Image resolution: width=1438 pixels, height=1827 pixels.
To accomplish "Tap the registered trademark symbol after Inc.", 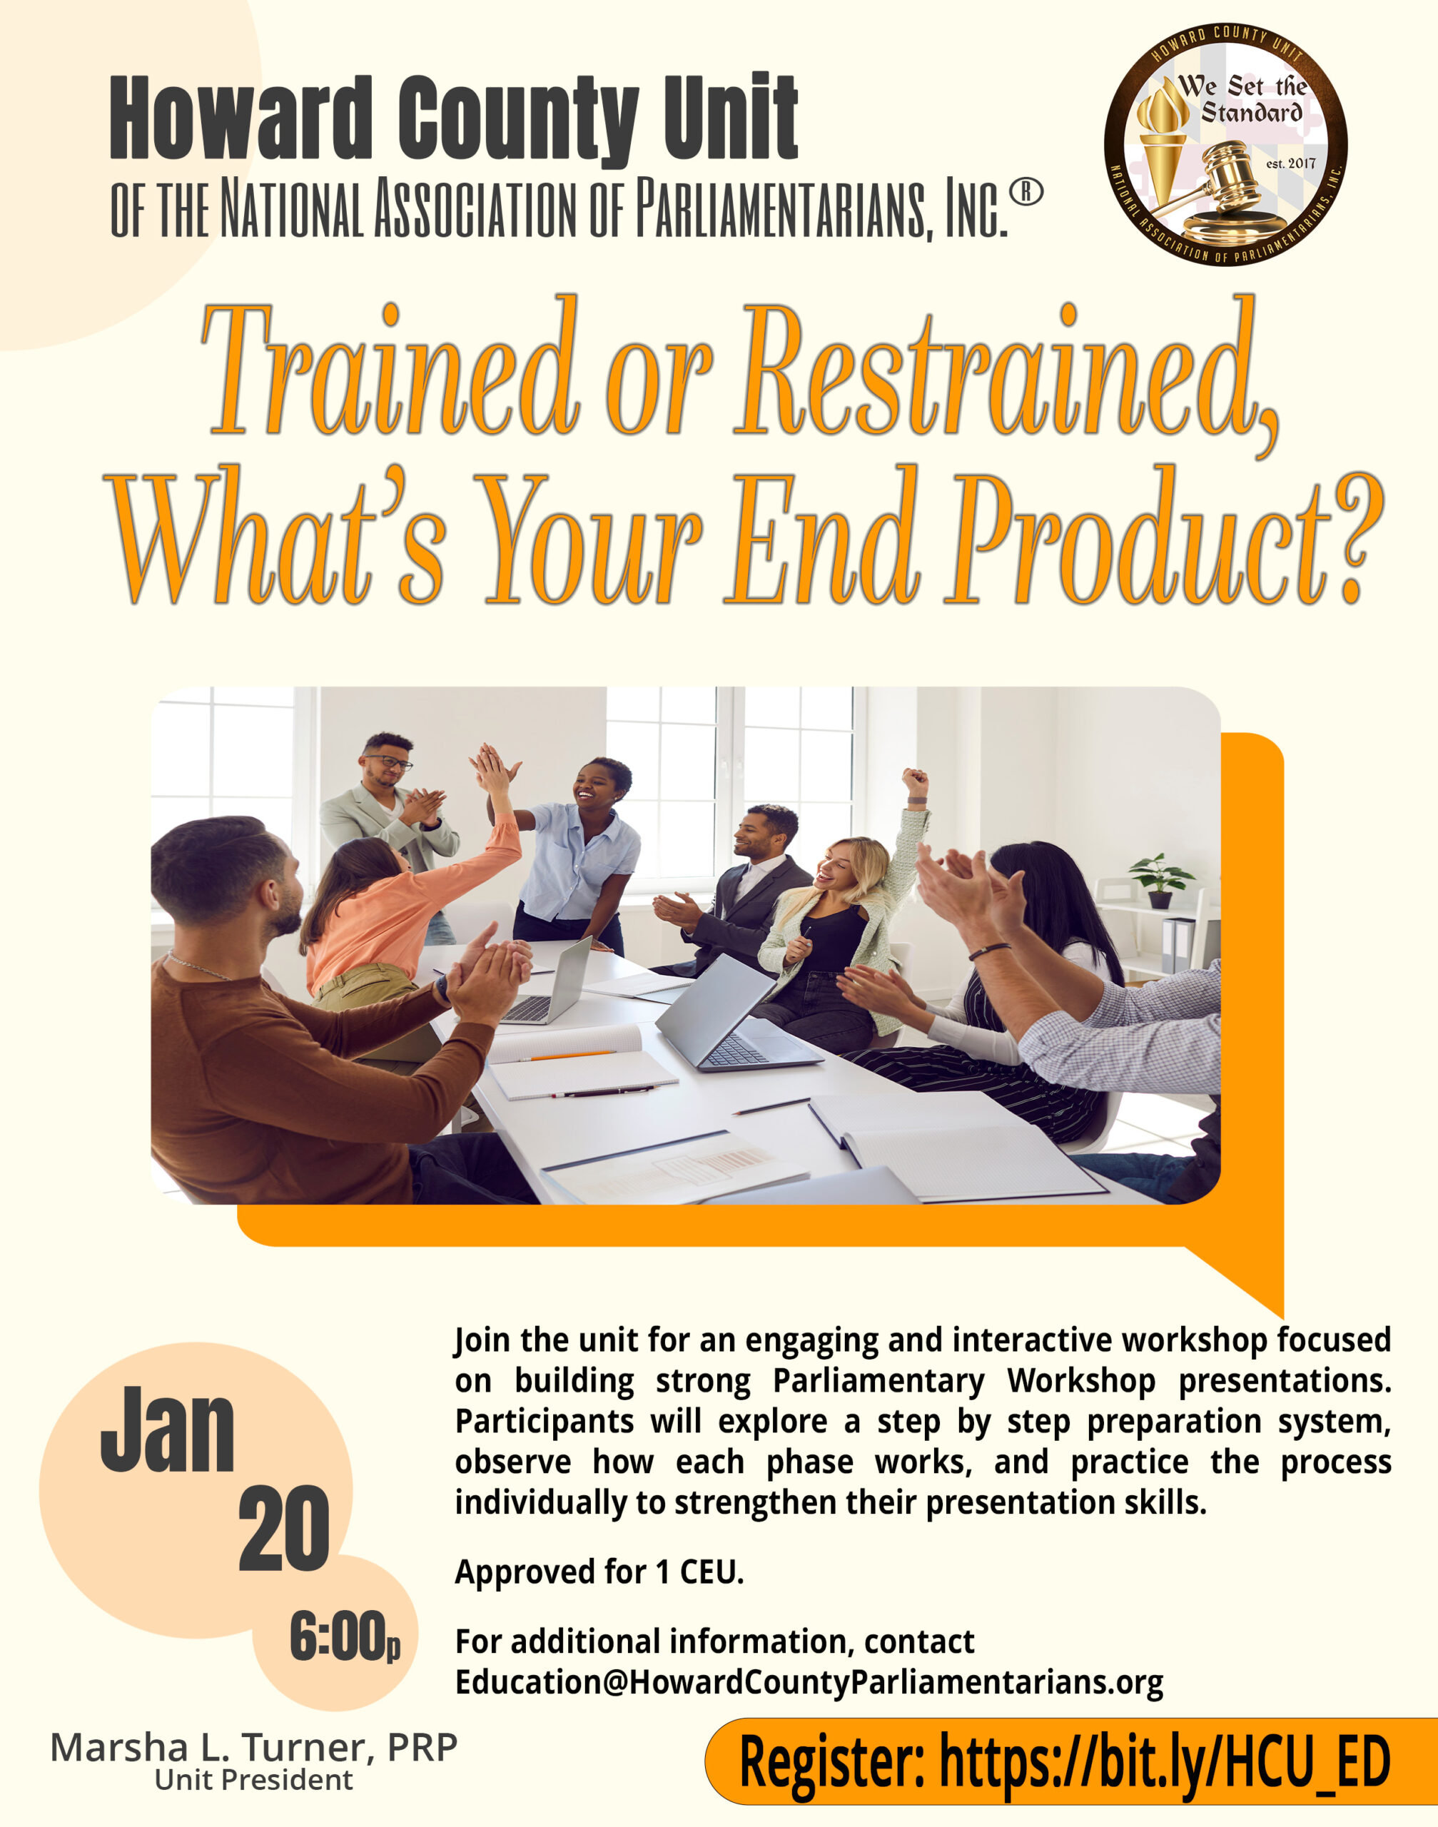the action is coord(1026,193).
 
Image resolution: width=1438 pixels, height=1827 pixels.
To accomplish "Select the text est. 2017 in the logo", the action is coord(1291,163).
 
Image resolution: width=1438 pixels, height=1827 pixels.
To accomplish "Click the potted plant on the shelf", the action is coord(1162,881).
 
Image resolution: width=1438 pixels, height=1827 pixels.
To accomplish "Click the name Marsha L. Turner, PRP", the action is coord(253,1748).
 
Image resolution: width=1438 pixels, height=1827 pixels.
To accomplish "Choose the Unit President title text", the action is coord(253,1780).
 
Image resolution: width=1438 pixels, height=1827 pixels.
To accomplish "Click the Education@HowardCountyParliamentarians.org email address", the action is coord(809,1682).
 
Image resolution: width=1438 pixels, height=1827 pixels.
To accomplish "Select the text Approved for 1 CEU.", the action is coord(599,1572).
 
